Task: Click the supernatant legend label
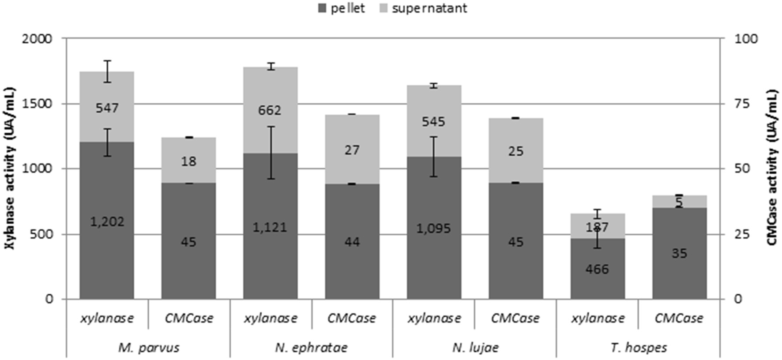[x=429, y=8]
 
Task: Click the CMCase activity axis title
[x=772, y=169]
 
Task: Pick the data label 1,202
[x=107, y=221]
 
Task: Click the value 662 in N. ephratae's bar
[x=270, y=110]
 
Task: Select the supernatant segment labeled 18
[x=189, y=161]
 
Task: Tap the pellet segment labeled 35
[x=679, y=253]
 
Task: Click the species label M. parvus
[x=149, y=348]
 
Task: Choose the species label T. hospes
[x=639, y=348]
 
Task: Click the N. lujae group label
[x=475, y=348]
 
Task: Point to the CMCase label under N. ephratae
[x=352, y=318]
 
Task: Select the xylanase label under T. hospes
[x=598, y=318]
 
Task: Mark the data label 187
[x=598, y=227]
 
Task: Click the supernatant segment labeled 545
[x=434, y=121]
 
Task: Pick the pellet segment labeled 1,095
[x=434, y=228]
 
